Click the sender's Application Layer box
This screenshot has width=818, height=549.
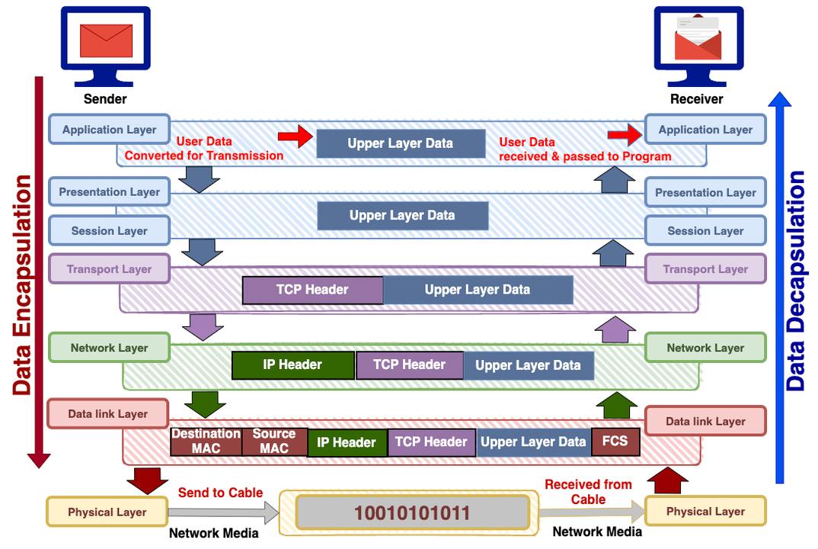109,130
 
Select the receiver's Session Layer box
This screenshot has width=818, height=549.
705,231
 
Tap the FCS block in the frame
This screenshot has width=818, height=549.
615,441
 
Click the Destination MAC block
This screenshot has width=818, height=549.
206,441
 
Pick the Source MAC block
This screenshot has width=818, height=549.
274,441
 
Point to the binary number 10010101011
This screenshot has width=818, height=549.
412,512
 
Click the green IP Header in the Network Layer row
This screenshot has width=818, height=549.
292,364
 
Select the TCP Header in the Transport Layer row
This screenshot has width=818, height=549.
312,290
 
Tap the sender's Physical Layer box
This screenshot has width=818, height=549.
107,512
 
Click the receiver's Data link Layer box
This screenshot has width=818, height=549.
705,421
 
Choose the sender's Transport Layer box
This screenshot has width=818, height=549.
109,269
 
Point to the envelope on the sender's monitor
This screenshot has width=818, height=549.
106,40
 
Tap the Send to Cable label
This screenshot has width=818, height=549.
220,493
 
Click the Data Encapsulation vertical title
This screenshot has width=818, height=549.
22,285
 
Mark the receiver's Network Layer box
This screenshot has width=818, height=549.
705,348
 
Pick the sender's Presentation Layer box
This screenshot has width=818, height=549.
109,192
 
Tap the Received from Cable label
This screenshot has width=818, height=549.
588,492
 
